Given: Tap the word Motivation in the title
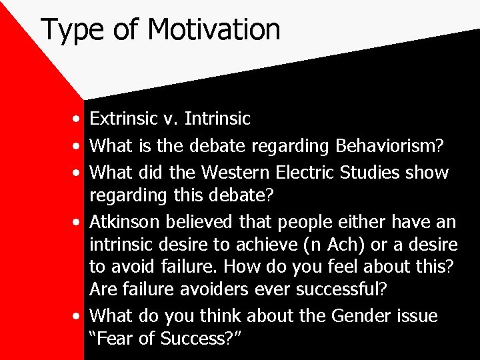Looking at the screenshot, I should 214,29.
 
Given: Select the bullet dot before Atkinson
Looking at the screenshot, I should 79,221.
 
